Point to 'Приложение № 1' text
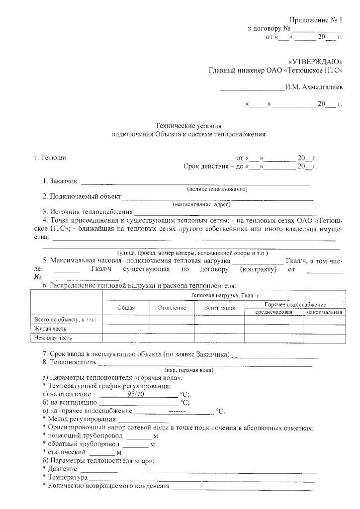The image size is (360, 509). [x=316, y=20]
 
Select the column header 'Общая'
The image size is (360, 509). [x=126, y=308]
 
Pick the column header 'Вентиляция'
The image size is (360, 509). [x=219, y=308]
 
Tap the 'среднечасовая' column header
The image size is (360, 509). [x=273, y=312]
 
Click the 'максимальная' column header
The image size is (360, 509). [x=324, y=312]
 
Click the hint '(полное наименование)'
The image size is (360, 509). [x=217, y=189]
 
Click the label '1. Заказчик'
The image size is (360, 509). [x=59, y=181]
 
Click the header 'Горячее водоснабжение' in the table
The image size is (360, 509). [x=295, y=304]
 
